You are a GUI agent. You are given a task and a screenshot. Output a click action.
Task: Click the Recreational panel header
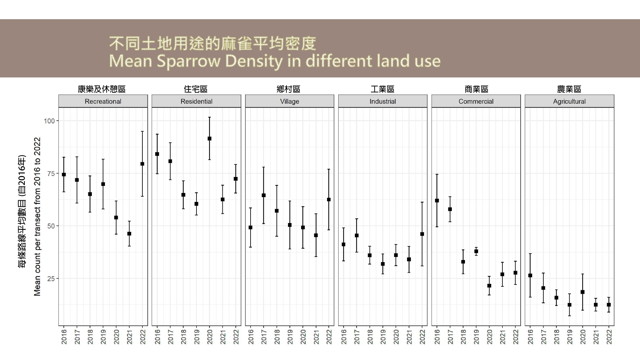(x=103, y=101)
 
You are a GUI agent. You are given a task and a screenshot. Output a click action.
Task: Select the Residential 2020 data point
(x=210, y=139)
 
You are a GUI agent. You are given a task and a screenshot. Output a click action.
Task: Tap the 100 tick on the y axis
(x=49, y=121)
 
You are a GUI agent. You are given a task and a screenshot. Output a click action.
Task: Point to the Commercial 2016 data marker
(x=437, y=201)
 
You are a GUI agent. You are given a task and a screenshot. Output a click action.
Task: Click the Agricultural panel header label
(x=569, y=101)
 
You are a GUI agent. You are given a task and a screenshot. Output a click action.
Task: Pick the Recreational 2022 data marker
(x=142, y=164)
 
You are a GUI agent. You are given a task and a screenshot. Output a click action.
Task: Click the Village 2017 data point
(x=264, y=195)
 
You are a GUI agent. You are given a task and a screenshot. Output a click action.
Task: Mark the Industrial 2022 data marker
(x=422, y=234)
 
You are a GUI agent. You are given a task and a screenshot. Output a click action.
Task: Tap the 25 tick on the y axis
(x=51, y=279)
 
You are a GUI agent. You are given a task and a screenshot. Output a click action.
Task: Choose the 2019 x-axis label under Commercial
(x=476, y=337)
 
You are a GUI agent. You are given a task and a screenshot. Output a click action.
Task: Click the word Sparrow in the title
(x=188, y=61)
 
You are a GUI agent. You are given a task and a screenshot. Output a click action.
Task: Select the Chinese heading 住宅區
(x=196, y=89)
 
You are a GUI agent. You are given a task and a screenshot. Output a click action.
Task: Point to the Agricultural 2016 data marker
(x=530, y=276)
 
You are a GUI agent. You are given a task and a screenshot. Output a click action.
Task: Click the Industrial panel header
(x=383, y=101)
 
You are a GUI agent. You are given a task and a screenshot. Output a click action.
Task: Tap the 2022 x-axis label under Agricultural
(x=609, y=337)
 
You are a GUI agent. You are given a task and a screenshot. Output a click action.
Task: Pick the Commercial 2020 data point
(x=489, y=286)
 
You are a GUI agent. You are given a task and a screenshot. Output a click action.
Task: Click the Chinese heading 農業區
(x=569, y=89)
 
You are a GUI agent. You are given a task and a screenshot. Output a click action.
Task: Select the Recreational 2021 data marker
(x=129, y=234)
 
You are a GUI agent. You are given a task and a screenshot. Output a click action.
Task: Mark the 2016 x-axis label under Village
(x=251, y=337)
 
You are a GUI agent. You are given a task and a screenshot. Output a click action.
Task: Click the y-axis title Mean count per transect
(x=37, y=217)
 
